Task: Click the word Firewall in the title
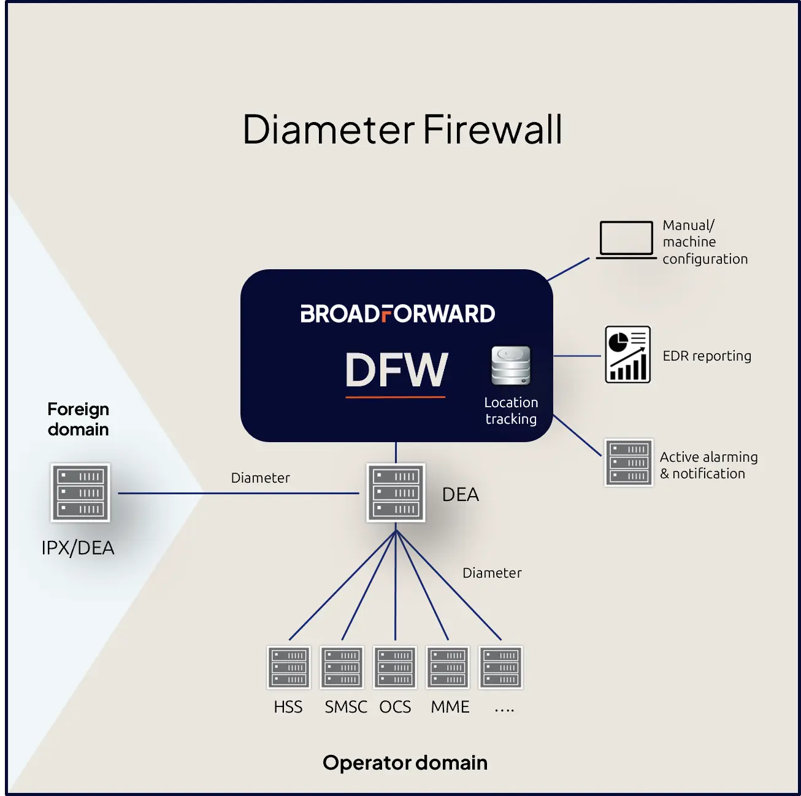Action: pos(492,129)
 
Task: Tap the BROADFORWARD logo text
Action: pos(398,314)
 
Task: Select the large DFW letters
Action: pos(397,369)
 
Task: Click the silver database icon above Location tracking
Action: pos(511,365)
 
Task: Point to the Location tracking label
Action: pos(511,411)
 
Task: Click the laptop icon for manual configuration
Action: pos(626,240)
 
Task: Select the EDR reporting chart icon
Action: pos(627,354)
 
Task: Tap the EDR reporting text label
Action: pos(707,356)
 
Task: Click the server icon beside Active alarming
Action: pos(629,462)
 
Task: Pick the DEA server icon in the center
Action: pos(396,492)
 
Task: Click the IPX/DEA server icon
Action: pos(80,492)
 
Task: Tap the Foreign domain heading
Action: pos(78,419)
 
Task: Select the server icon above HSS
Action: pos(289,668)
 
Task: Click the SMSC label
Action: pos(346,707)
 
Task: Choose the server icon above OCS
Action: pos(395,668)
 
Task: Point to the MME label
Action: pos(450,707)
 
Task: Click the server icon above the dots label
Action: pos(501,668)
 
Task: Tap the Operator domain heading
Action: pos(405,763)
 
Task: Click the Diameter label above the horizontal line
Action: pos(260,478)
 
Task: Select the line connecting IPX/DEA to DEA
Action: pos(239,494)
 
